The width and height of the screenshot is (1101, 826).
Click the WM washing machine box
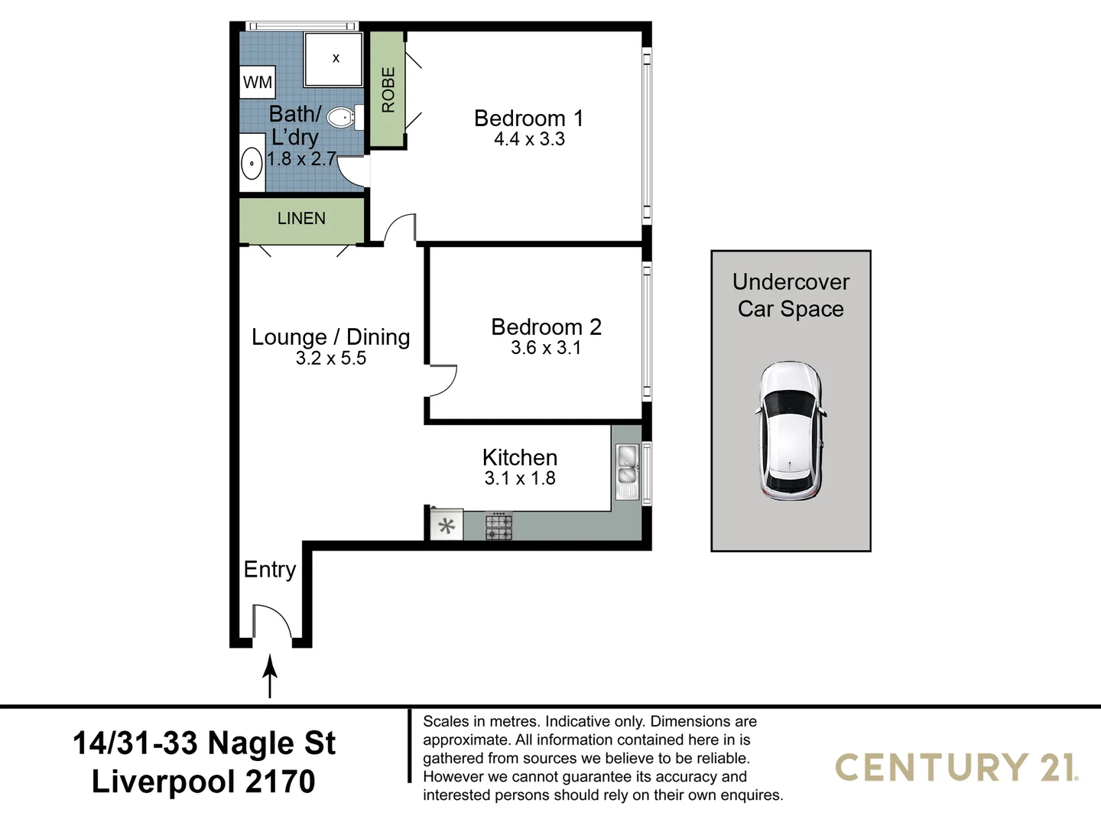click(258, 83)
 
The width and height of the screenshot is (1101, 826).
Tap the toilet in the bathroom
click(342, 118)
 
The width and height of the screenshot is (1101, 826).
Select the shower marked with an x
click(333, 59)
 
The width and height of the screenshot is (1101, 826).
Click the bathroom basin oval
click(252, 164)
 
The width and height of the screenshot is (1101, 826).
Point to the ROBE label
click(388, 89)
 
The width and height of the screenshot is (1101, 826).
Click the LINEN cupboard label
click(301, 219)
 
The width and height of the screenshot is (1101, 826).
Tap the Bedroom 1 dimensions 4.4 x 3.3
click(529, 139)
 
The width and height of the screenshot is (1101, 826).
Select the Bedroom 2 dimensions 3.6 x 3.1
click(546, 348)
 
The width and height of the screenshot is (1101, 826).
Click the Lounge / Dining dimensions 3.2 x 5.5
click(331, 359)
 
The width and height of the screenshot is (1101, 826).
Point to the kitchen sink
click(627, 471)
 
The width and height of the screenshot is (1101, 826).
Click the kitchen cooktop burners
click(499, 527)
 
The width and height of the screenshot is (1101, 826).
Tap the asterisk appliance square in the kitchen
click(447, 526)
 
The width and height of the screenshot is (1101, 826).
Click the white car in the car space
click(791, 431)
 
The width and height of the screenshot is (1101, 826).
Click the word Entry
click(269, 570)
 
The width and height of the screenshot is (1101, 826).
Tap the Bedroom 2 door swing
click(442, 381)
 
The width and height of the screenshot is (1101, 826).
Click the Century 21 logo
click(956, 767)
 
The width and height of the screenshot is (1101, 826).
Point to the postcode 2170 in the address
click(280, 782)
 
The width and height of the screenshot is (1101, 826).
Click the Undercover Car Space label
click(791, 295)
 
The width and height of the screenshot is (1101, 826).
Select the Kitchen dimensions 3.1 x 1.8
click(520, 479)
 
